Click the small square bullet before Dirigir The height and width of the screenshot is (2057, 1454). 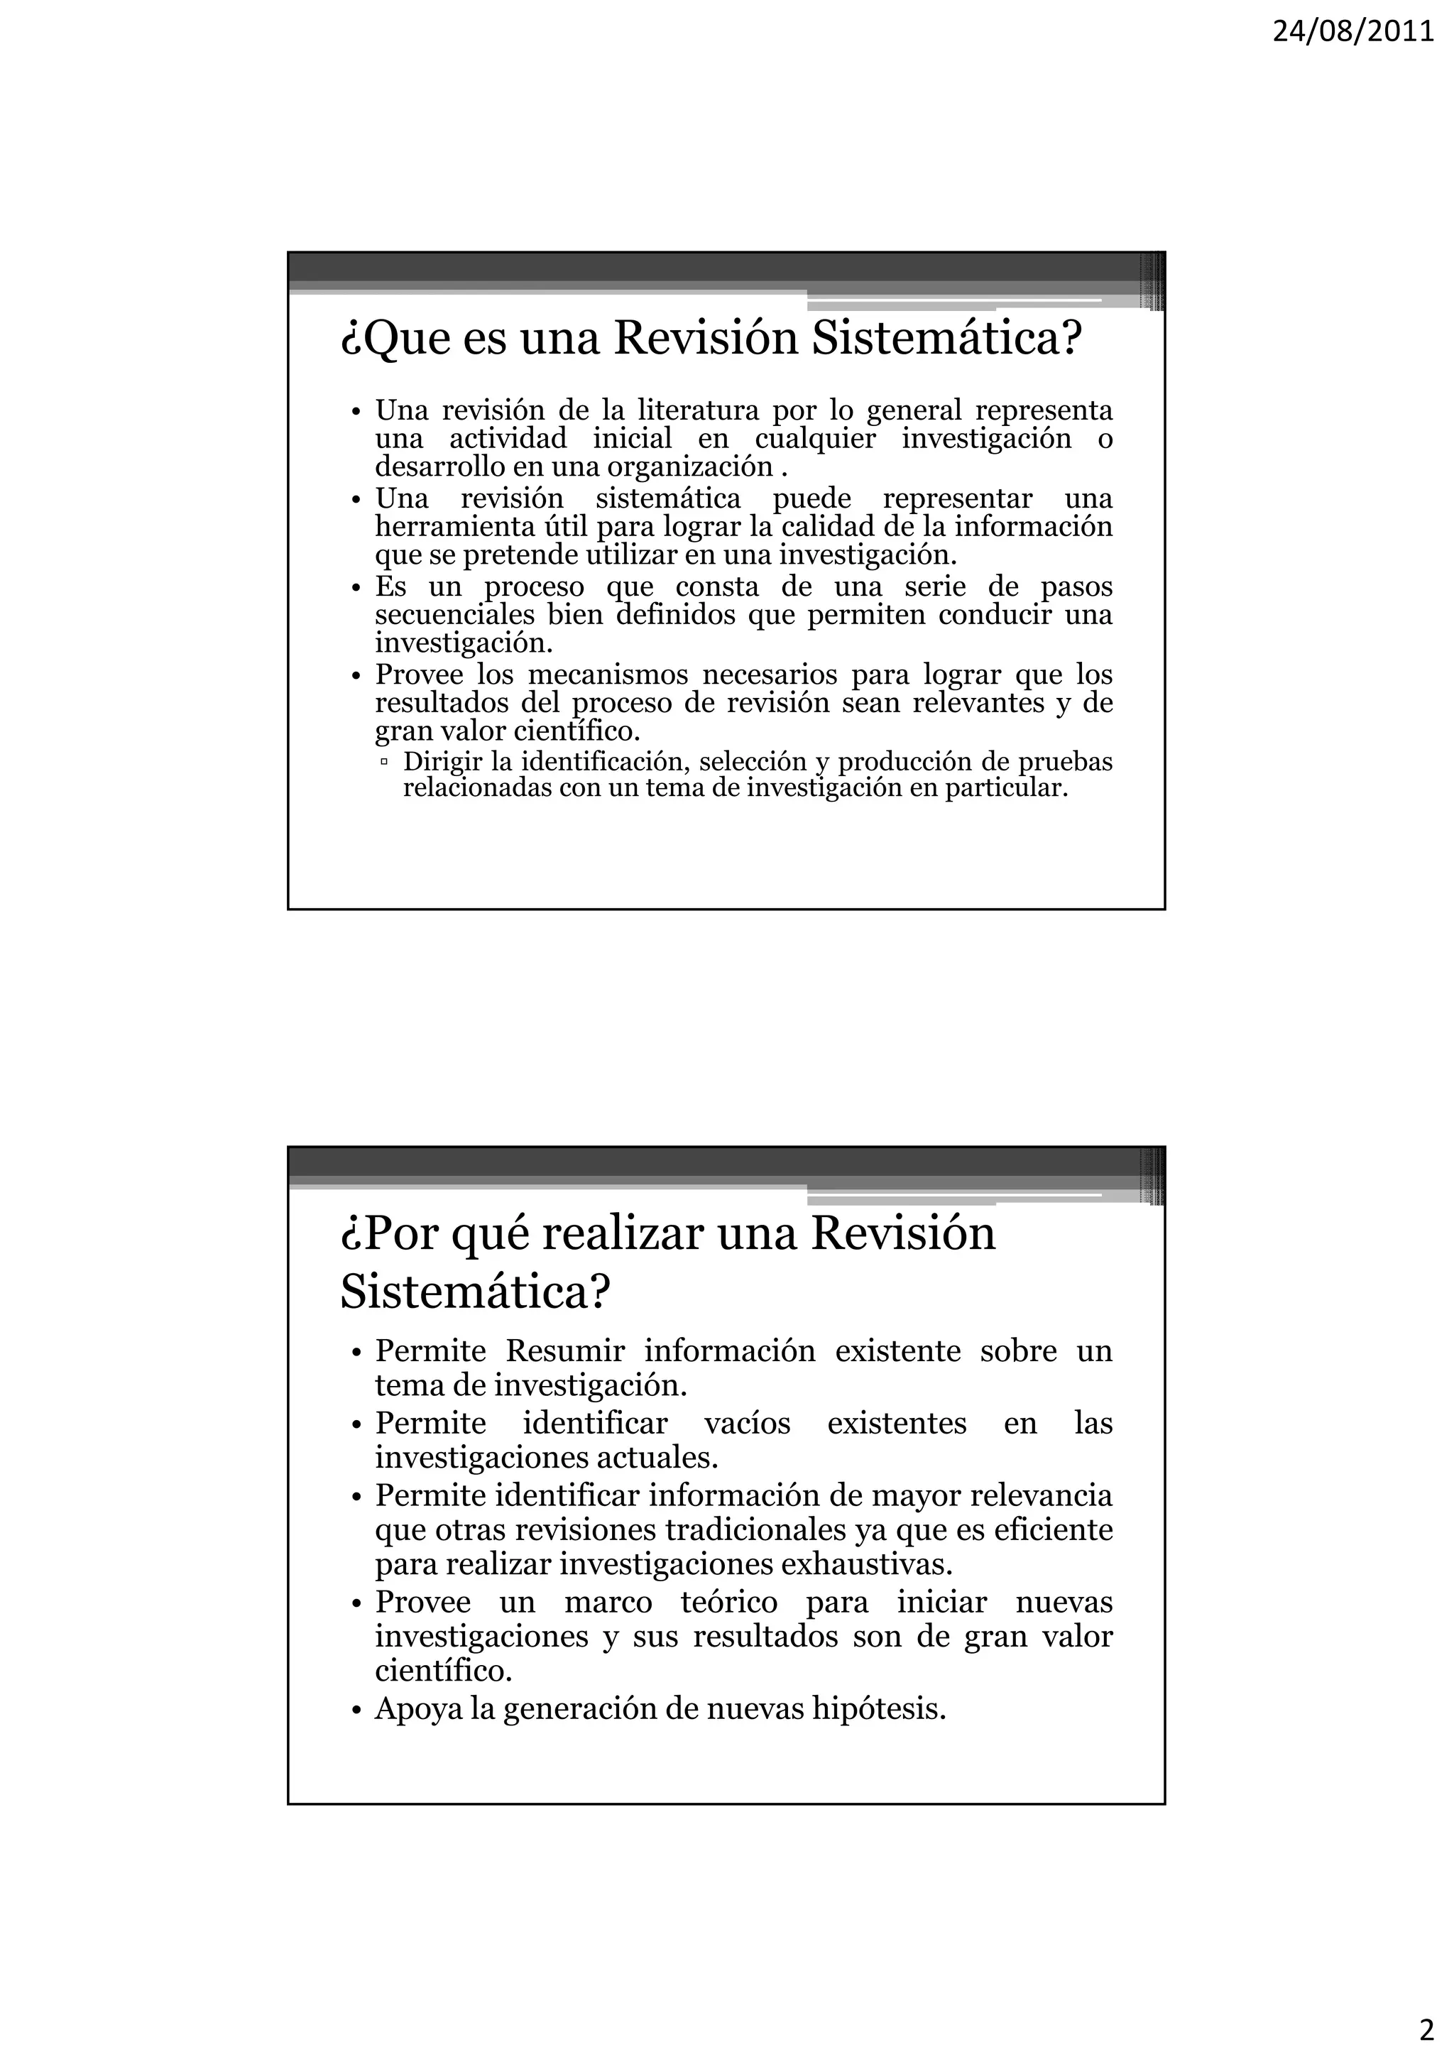(x=384, y=763)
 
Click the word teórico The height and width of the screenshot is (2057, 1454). (x=729, y=1602)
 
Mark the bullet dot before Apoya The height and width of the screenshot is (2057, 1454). (x=356, y=1711)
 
